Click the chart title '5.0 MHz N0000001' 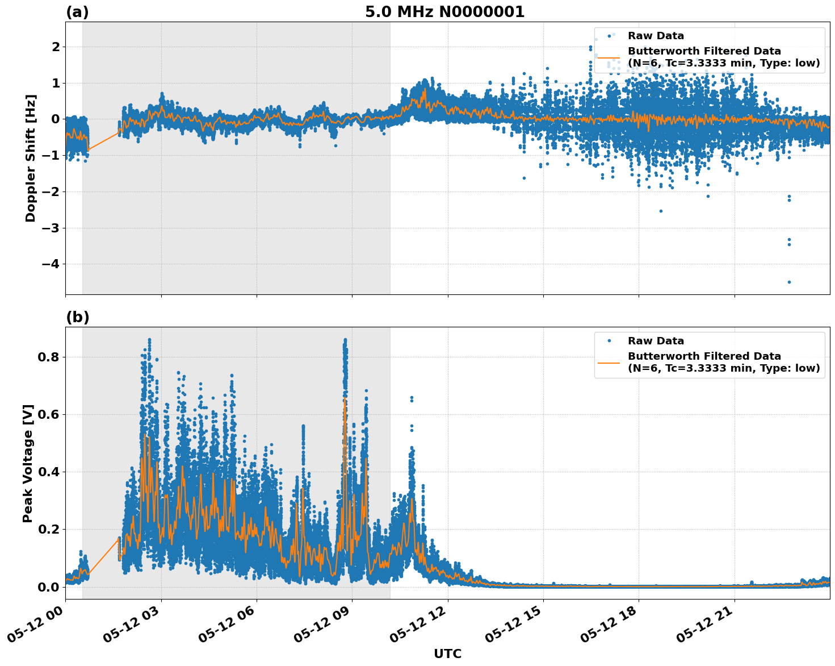pos(444,12)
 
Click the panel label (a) pos(77,12)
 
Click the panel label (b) pos(78,317)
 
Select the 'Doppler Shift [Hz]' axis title pos(31,158)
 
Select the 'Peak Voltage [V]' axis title pos(28,463)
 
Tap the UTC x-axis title pos(447,653)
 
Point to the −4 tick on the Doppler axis pos(49,264)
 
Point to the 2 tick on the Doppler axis pos(56,47)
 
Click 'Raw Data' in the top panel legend pos(656,36)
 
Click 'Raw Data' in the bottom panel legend pos(656,341)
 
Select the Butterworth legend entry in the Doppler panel pos(723,57)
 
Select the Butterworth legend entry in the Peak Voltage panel pos(723,362)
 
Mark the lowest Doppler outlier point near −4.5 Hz pos(789,282)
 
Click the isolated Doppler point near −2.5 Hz pos(661,211)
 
